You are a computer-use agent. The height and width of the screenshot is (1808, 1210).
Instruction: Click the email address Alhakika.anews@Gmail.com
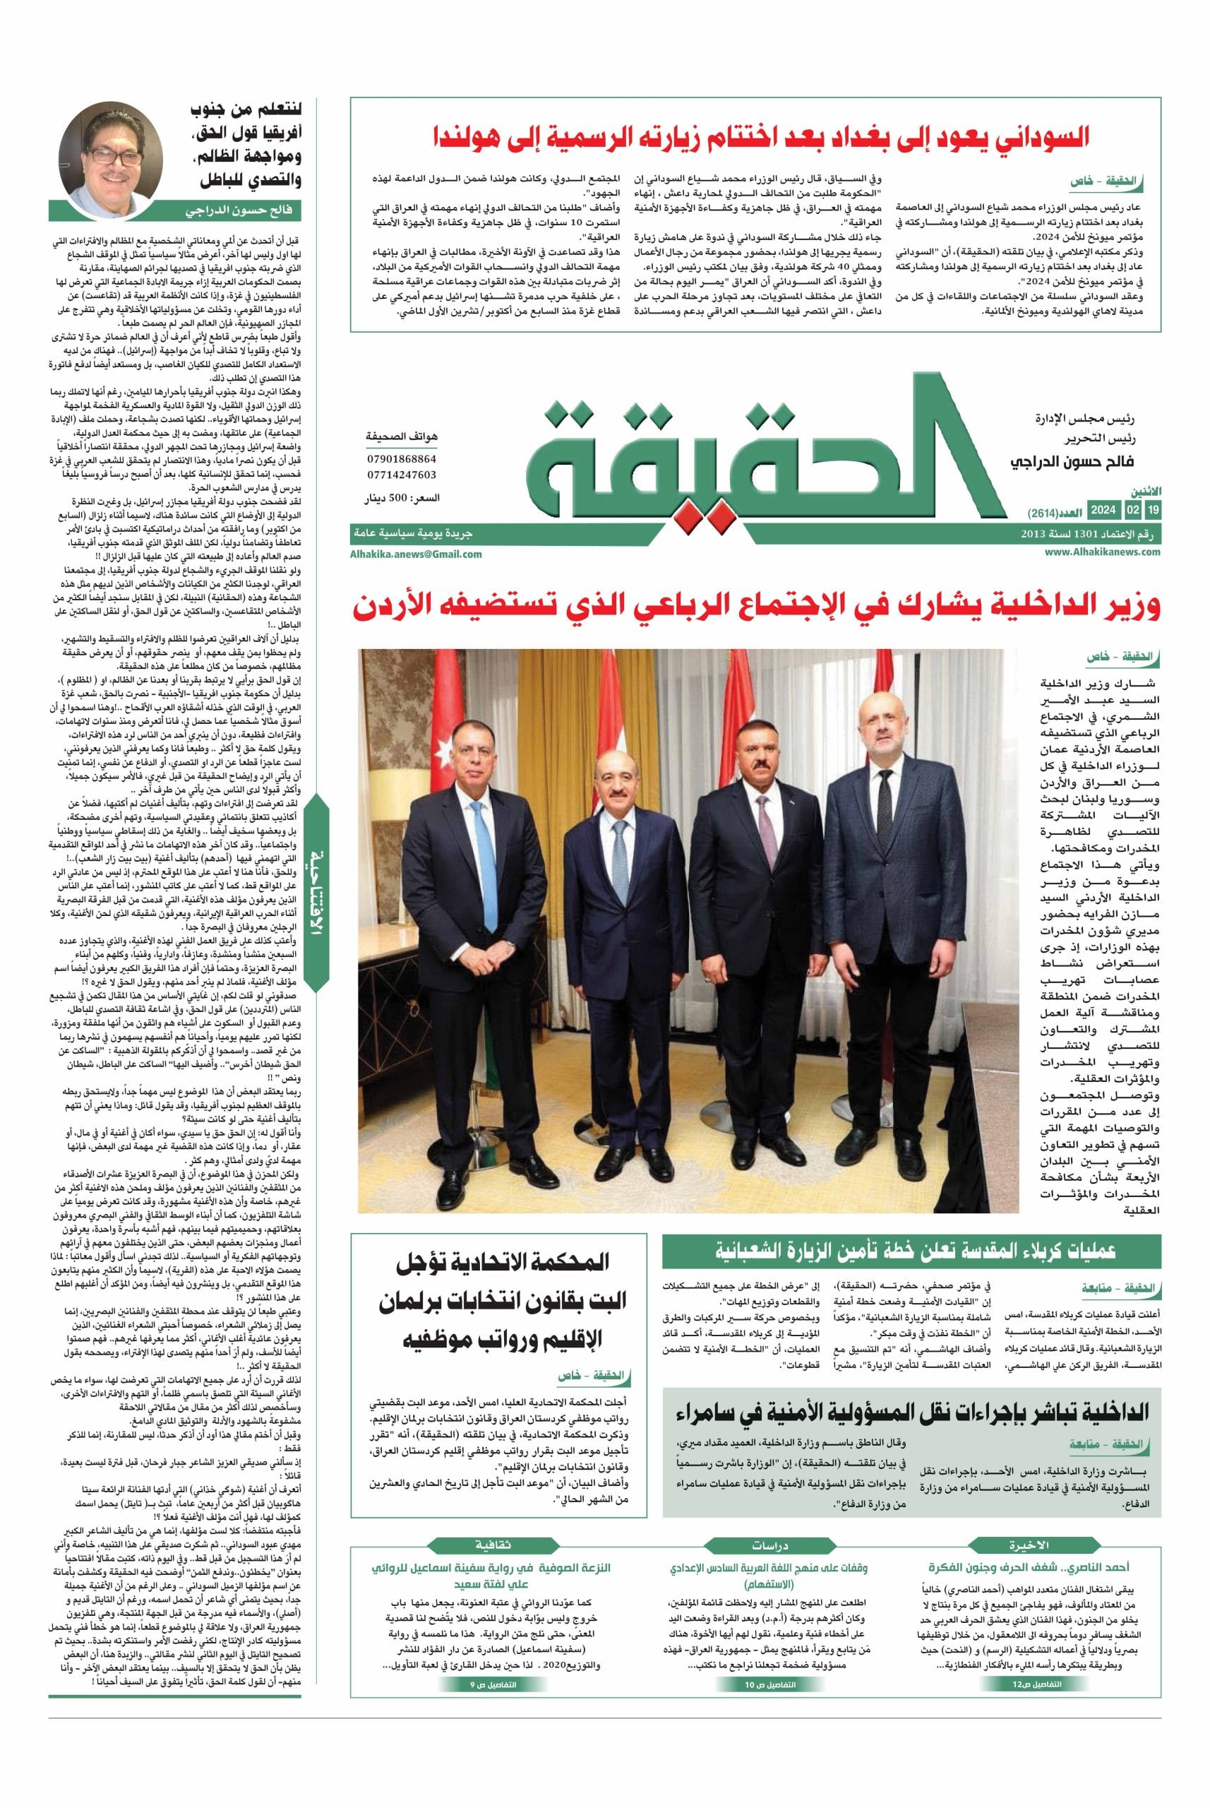point(415,554)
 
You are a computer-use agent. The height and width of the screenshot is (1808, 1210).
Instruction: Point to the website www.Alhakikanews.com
point(1103,551)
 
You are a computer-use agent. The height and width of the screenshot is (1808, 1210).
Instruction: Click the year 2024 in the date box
point(1103,511)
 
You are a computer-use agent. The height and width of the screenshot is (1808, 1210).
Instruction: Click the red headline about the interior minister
point(756,606)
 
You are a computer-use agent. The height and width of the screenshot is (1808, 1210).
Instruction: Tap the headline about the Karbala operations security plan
point(911,1250)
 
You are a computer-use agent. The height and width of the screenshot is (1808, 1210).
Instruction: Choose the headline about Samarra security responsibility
point(911,1413)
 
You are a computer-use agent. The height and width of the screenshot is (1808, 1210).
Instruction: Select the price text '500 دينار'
point(401,499)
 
